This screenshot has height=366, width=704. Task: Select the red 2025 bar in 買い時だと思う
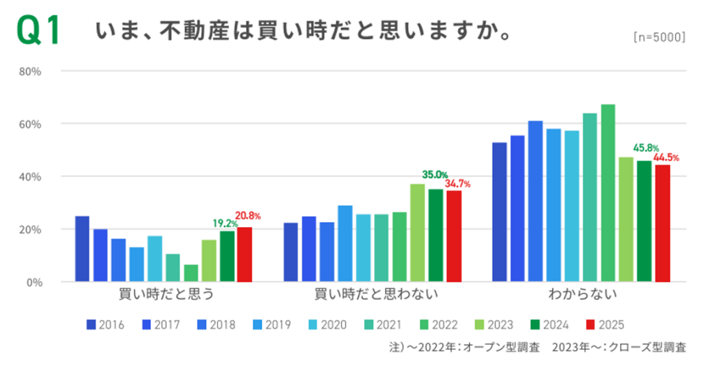pyautogui.click(x=245, y=254)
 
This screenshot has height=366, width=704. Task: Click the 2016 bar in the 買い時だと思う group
pyautogui.click(x=82, y=248)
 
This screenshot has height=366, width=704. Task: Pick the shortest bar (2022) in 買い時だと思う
pyautogui.click(x=191, y=273)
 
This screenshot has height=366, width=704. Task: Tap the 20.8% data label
pyautogui.click(x=248, y=216)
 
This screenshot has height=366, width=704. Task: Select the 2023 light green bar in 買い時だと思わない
pyautogui.click(x=418, y=233)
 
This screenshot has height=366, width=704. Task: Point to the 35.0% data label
pyautogui.click(x=434, y=175)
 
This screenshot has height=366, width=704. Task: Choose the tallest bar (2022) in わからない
pyautogui.click(x=608, y=193)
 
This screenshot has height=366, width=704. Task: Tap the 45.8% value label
pyautogui.click(x=646, y=148)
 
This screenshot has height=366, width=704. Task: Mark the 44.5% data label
pyautogui.click(x=665, y=158)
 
